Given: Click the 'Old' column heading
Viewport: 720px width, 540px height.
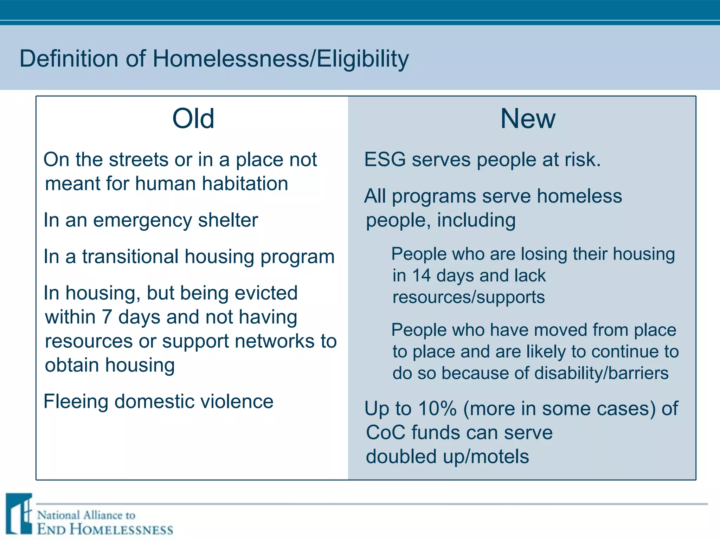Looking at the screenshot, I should (x=193, y=119).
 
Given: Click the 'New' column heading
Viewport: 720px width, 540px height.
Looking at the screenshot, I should (x=528, y=119).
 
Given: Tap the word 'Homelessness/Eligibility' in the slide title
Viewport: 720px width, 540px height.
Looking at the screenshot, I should (x=280, y=58).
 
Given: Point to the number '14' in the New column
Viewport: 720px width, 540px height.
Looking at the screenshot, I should (x=421, y=276).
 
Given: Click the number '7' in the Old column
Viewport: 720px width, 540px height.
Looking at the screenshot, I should (x=107, y=317).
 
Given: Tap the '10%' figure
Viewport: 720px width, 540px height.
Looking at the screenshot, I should (x=437, y=409).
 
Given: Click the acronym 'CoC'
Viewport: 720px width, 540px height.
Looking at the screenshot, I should (x=386, y=432).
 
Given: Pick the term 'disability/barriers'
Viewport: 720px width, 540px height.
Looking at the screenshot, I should (x=601, y=373).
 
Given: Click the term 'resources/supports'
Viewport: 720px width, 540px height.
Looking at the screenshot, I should (x=469, y=297).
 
